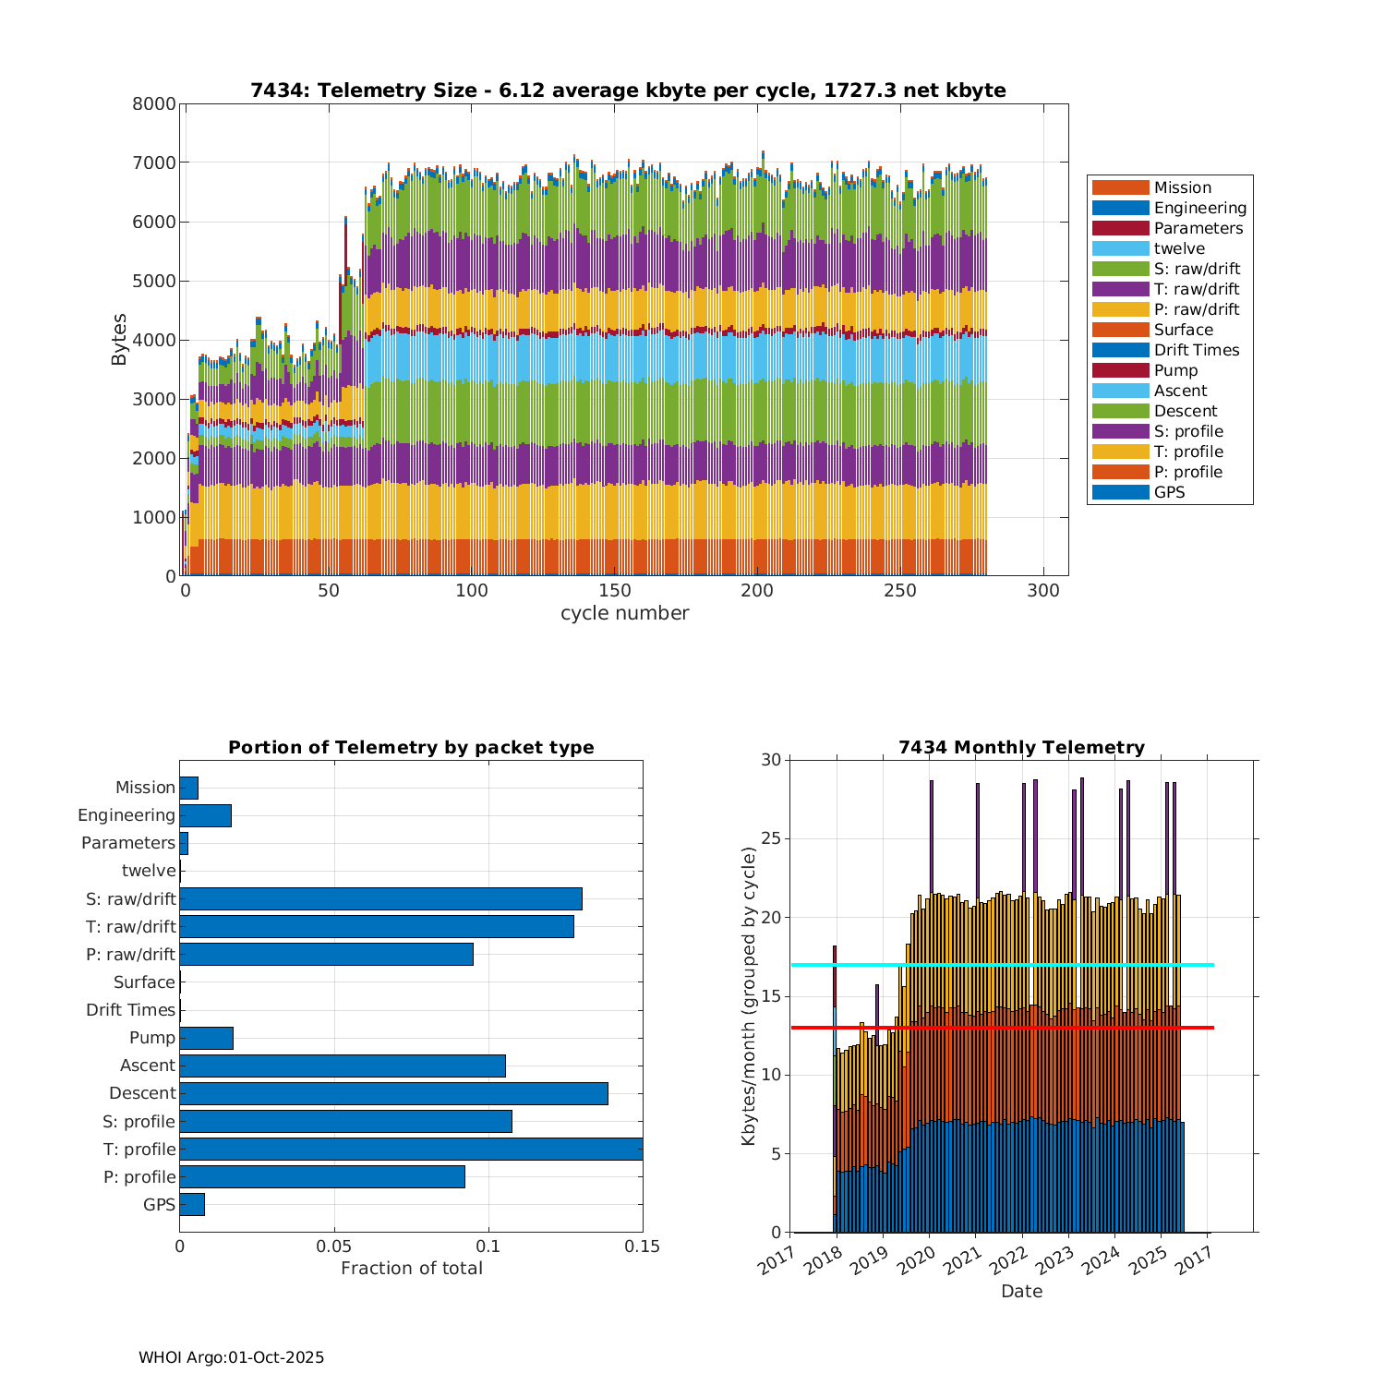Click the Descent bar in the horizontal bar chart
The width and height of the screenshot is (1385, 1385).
point(393,1093)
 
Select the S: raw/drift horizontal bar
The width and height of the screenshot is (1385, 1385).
point(380,898)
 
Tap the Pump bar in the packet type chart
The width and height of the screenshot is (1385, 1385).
point(206,1038)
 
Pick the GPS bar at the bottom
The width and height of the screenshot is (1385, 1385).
point(192,1204)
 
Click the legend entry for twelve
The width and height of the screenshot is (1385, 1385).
point(1179,248)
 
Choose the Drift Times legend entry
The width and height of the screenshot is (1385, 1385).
point(1196,350)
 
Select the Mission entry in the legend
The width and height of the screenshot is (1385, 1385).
point(1182,187)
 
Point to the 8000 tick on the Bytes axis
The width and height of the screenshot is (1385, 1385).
point(153,103)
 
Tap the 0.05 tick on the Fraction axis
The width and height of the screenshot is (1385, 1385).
point(334,1246)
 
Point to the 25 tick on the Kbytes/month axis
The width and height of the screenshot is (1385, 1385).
point(771,839)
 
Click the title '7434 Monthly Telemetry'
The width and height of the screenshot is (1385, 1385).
point(1021,747)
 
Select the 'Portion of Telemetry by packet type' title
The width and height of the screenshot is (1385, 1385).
point(411,747)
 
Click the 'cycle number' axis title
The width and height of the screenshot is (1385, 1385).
point(624,613)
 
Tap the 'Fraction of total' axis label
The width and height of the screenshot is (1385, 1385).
point(411,1268)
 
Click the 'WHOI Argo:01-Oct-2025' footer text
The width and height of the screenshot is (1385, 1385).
point(231,1357)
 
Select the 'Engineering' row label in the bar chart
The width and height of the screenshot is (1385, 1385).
point(126,815)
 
